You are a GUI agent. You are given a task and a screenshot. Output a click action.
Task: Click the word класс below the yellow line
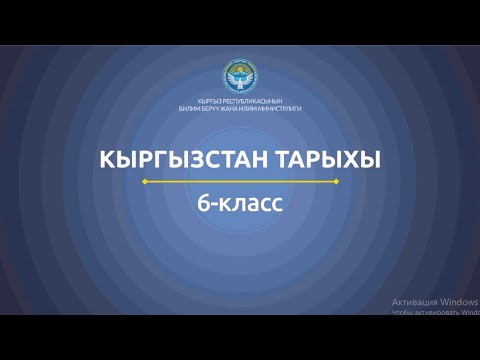(252, 204)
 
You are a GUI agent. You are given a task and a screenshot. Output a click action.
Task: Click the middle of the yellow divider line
(240, 182)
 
